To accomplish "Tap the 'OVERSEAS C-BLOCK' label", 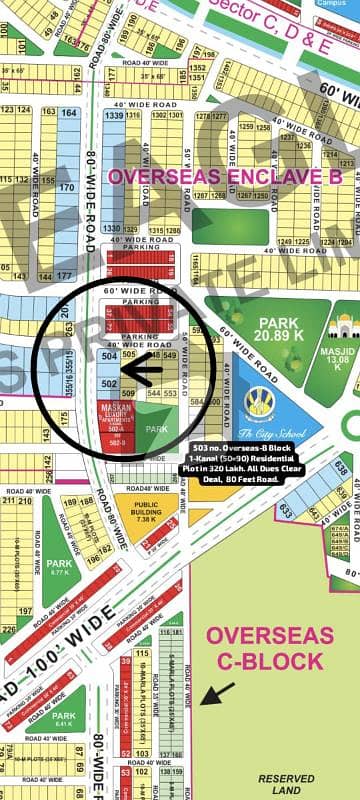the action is (x=268, y=648).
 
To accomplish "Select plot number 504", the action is (x=110, y=356).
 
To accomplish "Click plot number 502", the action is (x=110, y=383).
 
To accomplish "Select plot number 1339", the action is (x=113, y=117).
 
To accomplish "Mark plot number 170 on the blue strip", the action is (x=66, y=187).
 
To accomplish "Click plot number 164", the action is (x=66, y=114).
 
